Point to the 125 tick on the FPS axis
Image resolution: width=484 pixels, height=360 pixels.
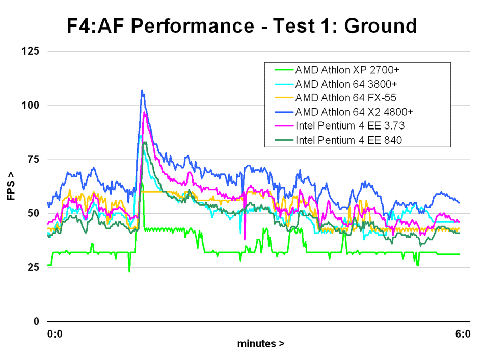(30, 51)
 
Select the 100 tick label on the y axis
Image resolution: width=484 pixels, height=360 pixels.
(30, 105)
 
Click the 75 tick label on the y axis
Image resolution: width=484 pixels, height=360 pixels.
(33, 159)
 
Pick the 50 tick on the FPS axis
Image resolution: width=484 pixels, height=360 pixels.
(33, 213)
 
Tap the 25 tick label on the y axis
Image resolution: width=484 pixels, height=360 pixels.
(33, 267)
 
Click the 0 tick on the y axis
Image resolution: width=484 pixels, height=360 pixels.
(36, 321)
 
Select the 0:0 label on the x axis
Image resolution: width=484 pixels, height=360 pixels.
(55, 334)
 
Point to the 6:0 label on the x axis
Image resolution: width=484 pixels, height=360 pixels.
(463, 334)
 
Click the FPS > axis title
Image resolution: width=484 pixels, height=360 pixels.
(11, 186)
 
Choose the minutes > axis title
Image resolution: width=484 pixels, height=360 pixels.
(261, 344)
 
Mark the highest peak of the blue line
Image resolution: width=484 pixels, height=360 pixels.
(142, 90)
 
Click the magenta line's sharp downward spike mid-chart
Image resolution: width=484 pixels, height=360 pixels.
(245, 239)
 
